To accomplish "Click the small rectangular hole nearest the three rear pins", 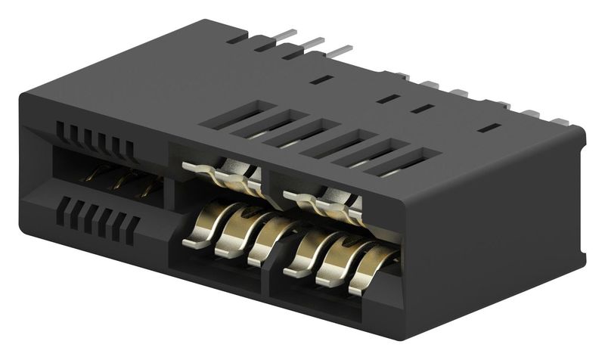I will coord(321,78).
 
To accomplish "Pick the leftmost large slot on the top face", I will coord(227,113).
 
